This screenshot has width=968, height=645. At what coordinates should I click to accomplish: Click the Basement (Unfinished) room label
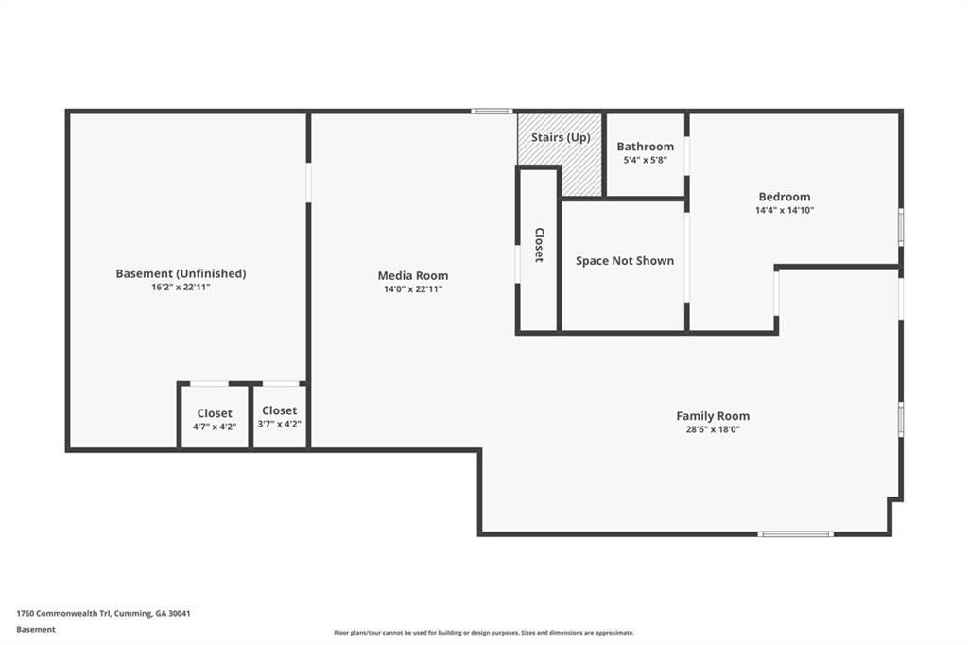pyautogui.click(x=181, y=273)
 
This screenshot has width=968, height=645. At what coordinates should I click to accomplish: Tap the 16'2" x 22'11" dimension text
pyautogui.click(x=181, y=288)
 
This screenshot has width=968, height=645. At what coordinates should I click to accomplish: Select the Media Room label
pyautogui.click(x=413, y=276)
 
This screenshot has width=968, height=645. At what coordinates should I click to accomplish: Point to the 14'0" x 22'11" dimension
pyautogui.click(x=413, y=289)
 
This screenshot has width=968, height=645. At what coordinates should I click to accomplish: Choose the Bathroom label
pyautogui.click(x=646, y=147)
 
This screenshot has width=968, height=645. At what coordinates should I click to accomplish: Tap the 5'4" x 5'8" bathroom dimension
pyautogui.click(x=646, y=161)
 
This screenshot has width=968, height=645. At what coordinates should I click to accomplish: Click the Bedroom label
pyautogui.click(x=785, y=197)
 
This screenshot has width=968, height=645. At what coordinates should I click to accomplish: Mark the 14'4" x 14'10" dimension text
pyautogui.click(x=785, y=211)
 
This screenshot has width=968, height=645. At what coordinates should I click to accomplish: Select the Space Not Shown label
pyautogui.click(x=625, y=261)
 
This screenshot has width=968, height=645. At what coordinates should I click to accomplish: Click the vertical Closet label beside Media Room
pyautogui.click(x=539, y=245)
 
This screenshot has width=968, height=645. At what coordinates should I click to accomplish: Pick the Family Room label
pyautogui.click(x=713, y=416)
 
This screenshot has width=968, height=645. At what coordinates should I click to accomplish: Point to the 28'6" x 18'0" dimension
pyautogui.click(x=713, y=429)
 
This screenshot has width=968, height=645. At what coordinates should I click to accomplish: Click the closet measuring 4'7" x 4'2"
pyautogui.click(x=215, y=418)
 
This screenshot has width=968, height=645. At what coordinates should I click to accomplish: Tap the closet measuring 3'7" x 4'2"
pyautogui.click(x=280, y=416)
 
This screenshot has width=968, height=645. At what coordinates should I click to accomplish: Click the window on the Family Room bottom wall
pyautogui.click(x=796, y=534)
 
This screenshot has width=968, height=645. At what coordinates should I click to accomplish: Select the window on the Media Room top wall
pyautogui.click(x=492, y=112)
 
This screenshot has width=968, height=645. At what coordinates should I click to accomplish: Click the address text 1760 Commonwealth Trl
pyautogui.click(x=103, y=613)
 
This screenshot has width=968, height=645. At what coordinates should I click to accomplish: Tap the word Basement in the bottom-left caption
pyautogui.click(x=36, y=629)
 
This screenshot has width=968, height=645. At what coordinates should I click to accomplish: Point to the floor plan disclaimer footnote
pyautogui.click(x=484, y=633)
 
